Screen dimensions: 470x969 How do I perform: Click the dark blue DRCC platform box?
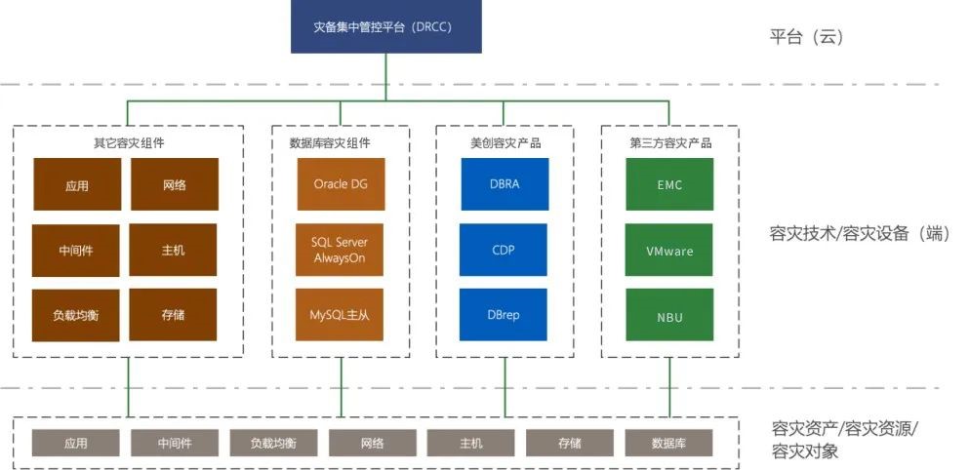386,26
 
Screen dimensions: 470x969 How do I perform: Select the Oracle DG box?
341,184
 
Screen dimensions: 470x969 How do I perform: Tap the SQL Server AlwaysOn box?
341,250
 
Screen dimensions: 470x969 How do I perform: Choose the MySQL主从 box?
341,315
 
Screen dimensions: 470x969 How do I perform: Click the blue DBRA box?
504,184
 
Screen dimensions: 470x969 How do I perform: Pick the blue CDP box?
504,250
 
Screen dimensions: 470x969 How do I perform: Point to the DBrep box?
504,315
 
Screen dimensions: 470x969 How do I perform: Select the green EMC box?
669,184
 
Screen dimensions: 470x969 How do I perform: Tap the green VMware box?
669,251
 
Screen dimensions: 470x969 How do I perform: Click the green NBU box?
669,316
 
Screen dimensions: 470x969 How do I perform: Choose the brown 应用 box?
76,184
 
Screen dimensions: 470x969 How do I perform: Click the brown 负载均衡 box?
76,315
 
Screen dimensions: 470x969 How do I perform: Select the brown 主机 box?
173,250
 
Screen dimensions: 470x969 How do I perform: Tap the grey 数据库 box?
668,444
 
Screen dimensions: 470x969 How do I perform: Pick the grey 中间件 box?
175,444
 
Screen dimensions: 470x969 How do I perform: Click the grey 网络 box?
372,444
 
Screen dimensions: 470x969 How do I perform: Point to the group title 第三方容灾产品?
670,143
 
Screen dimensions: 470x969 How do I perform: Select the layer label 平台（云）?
806,38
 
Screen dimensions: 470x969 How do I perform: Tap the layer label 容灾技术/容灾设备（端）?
859,234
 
